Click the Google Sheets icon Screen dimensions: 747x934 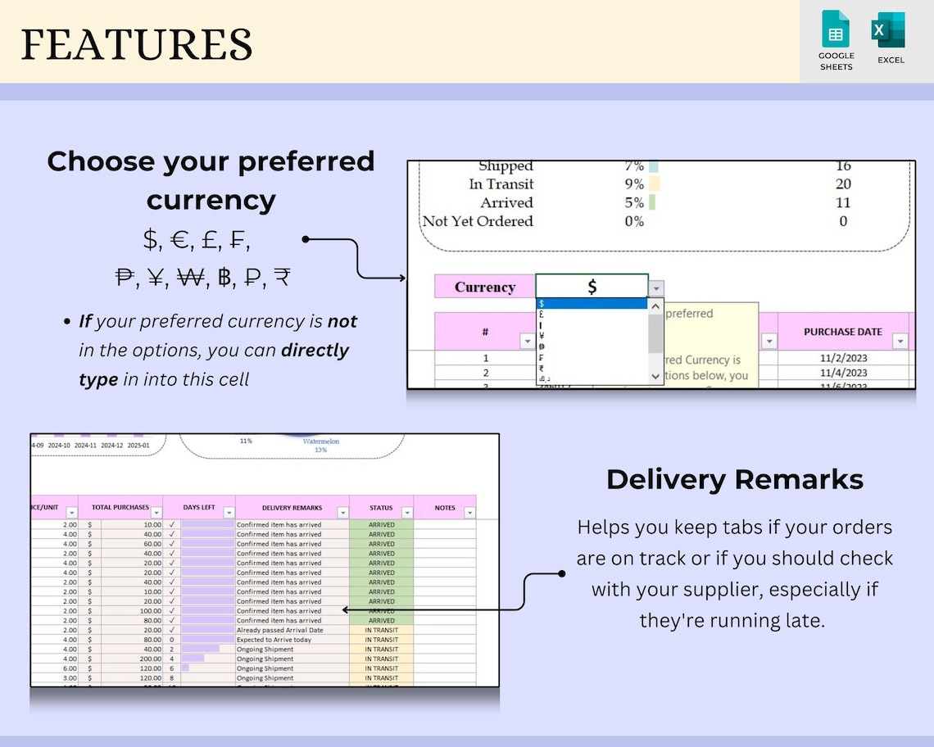[x=836, y=29]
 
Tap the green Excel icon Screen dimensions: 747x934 [x=889, y=29]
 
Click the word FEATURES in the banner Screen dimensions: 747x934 [x=136, y=44]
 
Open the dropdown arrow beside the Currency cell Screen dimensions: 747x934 [x=656, y=287]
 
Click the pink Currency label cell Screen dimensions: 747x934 [x=484, y=287]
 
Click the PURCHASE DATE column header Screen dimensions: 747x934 [x=842, y=332]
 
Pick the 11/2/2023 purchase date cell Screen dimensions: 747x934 [x=842, y=358]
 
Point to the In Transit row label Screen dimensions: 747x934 [x=501, y=184]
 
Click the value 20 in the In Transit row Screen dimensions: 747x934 [x=843, y=184]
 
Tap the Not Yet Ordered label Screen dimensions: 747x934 [x=478, y=221]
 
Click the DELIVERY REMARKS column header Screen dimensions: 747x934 [x=292, y=508]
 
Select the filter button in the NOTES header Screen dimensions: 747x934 [x=469, y=514]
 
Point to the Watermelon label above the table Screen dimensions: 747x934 [x=320, y=441]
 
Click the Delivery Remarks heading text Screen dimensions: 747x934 [x=734, y=479]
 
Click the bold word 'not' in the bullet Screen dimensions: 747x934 [x=342, y=321]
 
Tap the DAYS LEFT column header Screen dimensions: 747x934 [x=198, y=508]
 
